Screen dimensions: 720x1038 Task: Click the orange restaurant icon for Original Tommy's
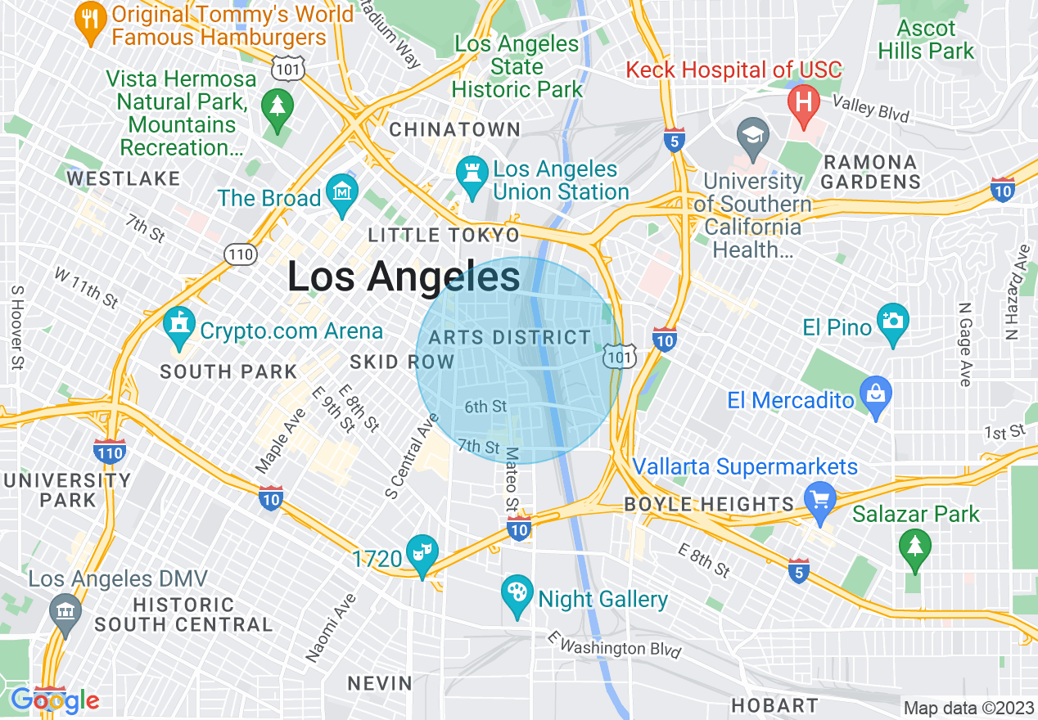tap(88, 18)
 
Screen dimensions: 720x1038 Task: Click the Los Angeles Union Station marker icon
tap(472, 175)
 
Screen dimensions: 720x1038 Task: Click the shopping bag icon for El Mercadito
tap(876, 395)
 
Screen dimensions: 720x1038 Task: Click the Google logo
tap(55, 700)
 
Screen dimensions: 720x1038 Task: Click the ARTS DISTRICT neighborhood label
tap(509, 337)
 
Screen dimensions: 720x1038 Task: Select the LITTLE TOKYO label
tap(444, 236)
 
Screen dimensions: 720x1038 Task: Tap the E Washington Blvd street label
tap(615, 644)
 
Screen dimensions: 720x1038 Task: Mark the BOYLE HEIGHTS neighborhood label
tap(709, 504)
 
